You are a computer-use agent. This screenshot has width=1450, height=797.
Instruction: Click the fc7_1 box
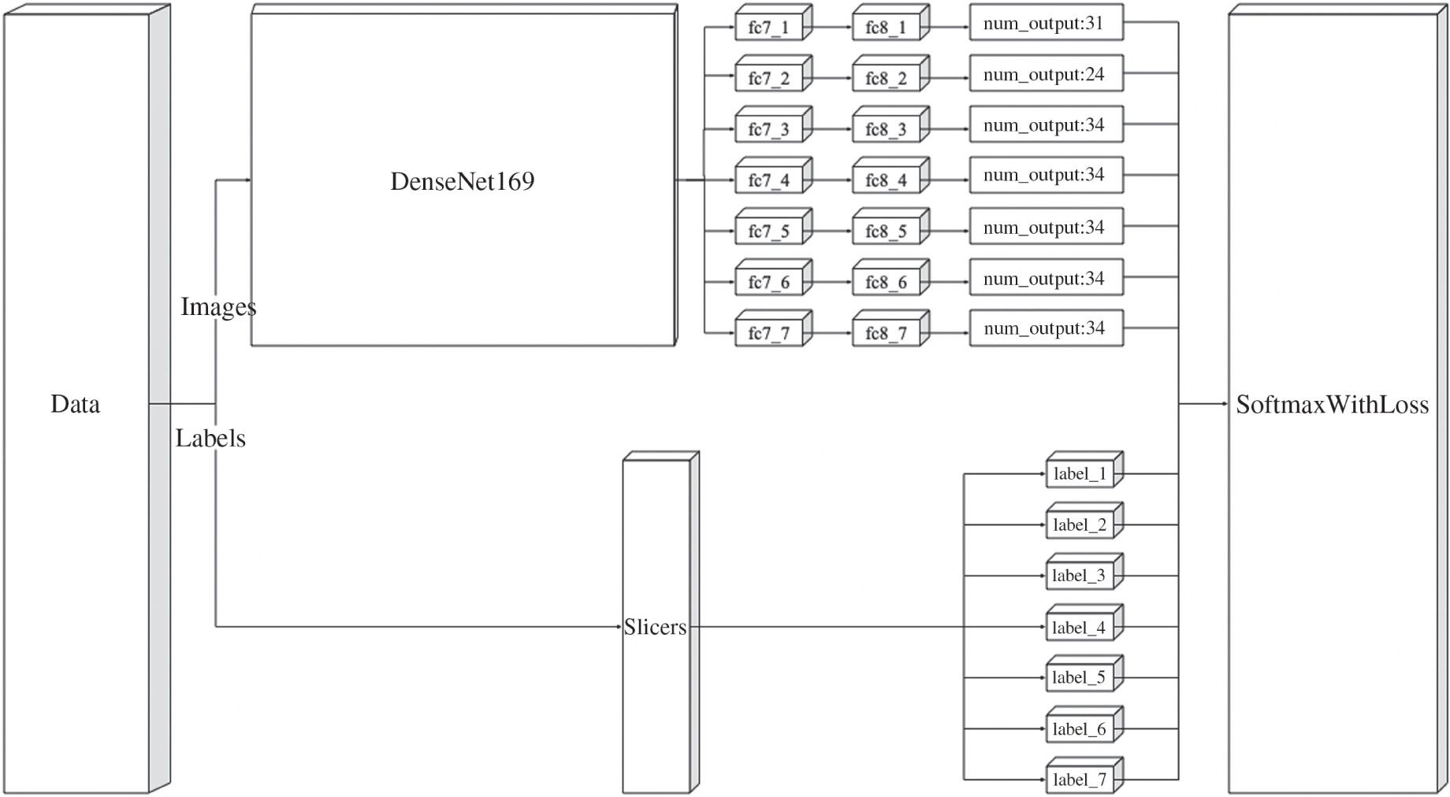[768, 28]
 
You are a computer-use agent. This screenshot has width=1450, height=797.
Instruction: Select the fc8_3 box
[886, 130]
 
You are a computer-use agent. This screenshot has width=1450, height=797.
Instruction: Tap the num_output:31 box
[1046, 24]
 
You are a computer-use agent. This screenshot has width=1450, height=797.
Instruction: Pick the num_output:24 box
[1046, 75]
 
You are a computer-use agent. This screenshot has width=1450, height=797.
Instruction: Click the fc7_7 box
[768, 334]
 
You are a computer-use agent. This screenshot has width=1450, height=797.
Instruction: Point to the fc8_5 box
[886, 232]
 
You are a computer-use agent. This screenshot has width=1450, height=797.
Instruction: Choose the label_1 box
[1080, 474]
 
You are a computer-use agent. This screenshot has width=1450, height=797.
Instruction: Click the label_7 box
[1080, 780]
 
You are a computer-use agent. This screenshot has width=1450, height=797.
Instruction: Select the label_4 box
[1080, 628]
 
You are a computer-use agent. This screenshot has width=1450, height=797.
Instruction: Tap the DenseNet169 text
[463, 182]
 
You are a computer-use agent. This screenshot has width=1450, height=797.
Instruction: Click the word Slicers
[655, 627]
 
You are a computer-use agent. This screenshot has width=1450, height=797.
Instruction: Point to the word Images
[218, 306]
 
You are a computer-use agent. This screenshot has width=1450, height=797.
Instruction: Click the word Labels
[210, 439]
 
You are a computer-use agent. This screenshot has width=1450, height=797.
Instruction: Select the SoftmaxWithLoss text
[1332, 405]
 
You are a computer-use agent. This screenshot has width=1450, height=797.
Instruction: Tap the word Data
[76, 405]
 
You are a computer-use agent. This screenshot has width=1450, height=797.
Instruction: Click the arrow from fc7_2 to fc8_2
[832, 78]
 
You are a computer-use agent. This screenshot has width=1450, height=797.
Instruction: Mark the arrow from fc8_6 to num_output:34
[949, 282]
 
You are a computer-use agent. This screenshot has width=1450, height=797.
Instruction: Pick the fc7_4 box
[768, 181]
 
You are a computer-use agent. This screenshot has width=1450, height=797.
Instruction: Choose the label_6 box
[1080, 729]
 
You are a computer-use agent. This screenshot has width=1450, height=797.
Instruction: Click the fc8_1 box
[886, 28]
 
